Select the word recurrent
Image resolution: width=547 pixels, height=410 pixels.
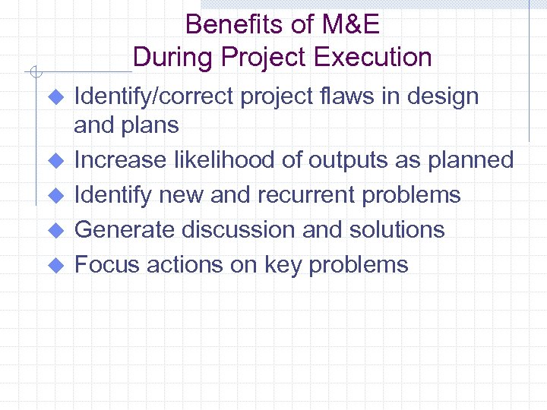[307, 194]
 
